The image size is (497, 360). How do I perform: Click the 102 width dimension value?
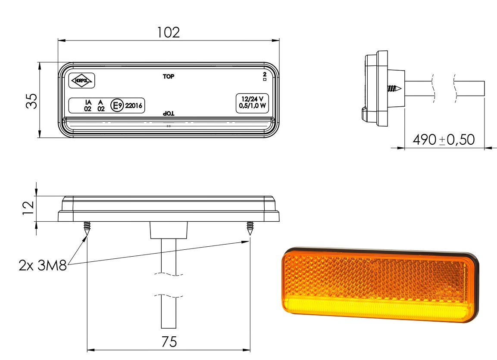click(169, 33)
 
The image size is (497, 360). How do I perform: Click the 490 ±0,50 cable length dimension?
click(444, 140)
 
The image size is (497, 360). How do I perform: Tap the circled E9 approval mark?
click(117, 105)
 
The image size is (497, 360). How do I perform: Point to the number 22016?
click(134, 106)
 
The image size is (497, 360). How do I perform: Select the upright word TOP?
click(168, 77)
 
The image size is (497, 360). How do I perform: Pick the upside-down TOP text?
click(168, 113)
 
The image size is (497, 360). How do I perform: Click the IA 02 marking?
click(88, 106)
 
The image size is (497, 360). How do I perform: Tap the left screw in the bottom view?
click(87, 228)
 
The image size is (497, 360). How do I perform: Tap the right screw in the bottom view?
click(250, 228)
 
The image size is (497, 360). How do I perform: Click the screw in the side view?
click(394, 89)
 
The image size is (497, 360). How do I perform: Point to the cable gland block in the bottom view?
click(169, 230)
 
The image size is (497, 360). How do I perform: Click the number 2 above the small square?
click(264, 75)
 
